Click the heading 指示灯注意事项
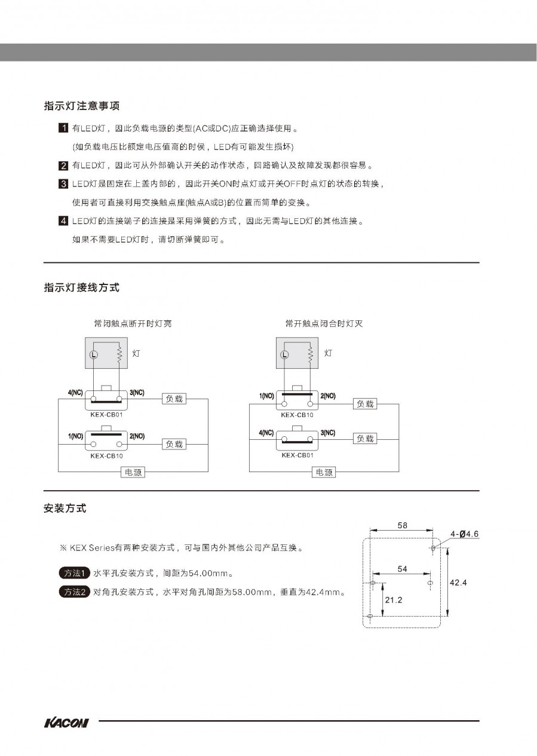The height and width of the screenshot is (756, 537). tap(82, 106)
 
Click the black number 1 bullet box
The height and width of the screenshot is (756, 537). tap(63, 128)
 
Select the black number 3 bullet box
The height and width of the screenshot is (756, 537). tap(63, 183)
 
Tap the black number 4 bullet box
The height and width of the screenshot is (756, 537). tap(63, 221)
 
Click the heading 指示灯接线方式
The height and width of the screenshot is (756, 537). tap(82, 288)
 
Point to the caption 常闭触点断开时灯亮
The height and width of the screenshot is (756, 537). tap(133, 324)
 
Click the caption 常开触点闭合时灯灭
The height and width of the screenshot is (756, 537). tap(324, 324)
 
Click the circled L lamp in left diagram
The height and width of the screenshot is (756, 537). tap(93, 354)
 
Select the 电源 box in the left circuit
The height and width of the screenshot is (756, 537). tap(133, 472)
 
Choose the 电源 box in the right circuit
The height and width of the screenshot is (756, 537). tap(324, 472)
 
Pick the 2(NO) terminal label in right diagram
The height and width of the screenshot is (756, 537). tap(328, 396)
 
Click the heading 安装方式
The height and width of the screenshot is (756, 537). tap(65, 509)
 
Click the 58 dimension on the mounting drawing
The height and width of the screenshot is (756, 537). tap(402, 525)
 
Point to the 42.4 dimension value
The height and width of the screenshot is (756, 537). tap(458, 582)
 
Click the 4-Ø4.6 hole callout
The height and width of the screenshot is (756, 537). tap(465, 534)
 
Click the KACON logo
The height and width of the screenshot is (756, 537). tap(66, 723)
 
